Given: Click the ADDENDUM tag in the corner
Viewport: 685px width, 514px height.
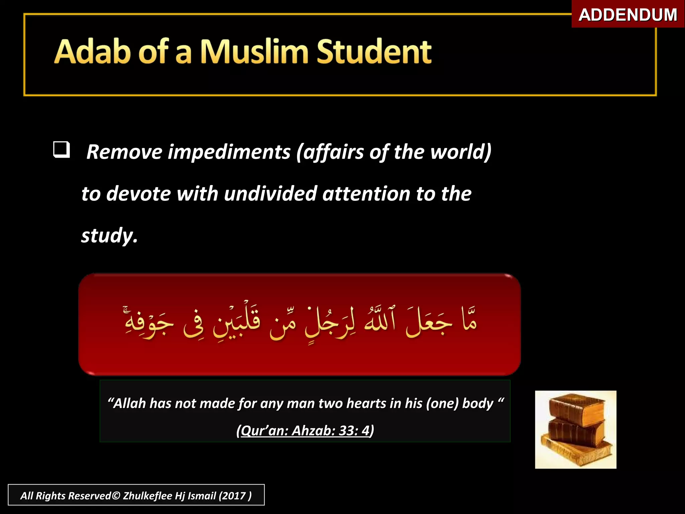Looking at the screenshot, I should tap(628, 15).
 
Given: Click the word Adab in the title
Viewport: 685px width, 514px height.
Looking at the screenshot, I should tap(92, 52).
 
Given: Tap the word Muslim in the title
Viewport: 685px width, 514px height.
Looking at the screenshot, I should tap(254, 52).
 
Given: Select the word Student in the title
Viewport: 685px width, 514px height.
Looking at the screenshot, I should tap(374, 52).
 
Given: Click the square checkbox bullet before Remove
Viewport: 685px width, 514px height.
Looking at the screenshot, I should tap(62, 150).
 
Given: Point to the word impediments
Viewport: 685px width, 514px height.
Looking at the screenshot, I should tap(229, 152).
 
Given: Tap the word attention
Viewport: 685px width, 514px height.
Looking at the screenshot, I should tap(366, 194).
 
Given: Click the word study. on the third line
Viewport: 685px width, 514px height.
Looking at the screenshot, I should tap(109, 236).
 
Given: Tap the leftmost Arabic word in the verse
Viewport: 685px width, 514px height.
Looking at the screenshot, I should tap(149, 323).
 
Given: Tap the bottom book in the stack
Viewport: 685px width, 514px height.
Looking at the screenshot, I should tap(577, 452).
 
